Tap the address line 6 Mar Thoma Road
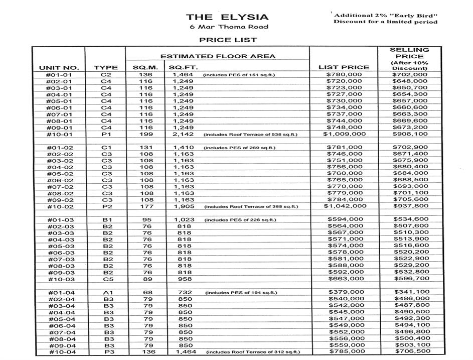pyautogui.click(x=226, y=27)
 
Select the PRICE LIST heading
pyautogui.click(x=228, y=39)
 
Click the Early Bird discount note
pyautogui.click(x=385, y=19)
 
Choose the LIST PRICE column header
pyautogui.click(x=344, y=67)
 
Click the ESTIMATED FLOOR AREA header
pyautogui.click(x=218, y=56)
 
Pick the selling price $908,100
pyautogui.click(x=411, y=134)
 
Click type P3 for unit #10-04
pyautogui.click(x=106, y=351)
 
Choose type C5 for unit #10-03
pyautogui.click(x=106, y=279)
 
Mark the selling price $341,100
pyautogui.click(x=411, y=292)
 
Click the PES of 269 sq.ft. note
pyautogui.click(x=239, y=148)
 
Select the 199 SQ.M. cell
pyautogui.click(x=146, y=134)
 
